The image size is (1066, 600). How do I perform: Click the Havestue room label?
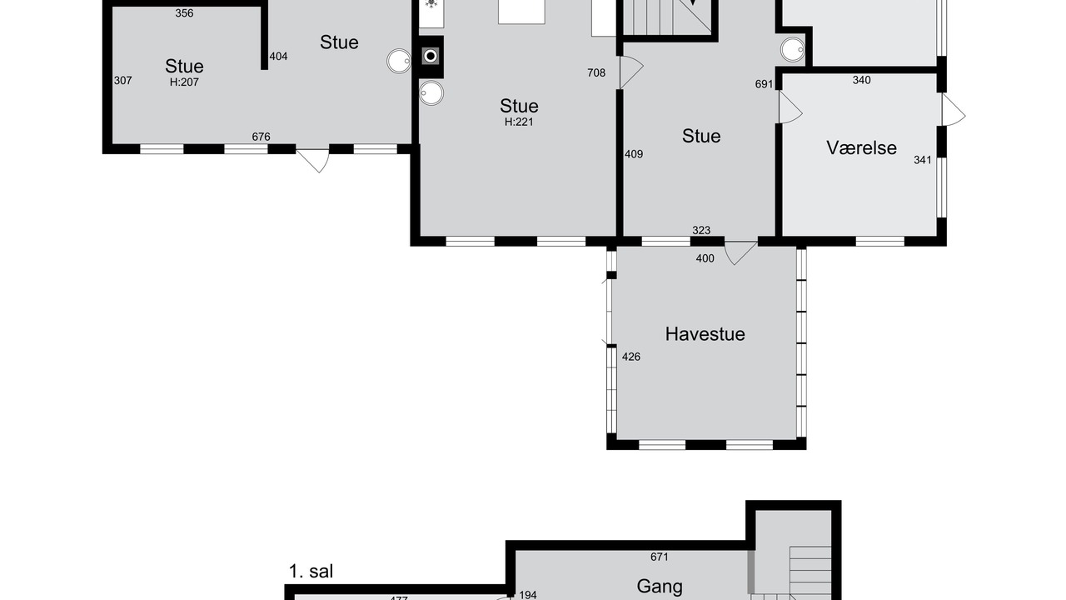tap(705, 334)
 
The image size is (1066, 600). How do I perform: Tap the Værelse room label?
tap(861, 148)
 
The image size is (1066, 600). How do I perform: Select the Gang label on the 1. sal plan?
tap(660, 586)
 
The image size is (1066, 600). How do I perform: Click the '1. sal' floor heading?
tap(311, 572)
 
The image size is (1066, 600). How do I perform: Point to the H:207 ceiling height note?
tap(184, 82)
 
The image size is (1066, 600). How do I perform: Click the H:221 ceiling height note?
tap(519, 122)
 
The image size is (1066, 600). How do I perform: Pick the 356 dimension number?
tap(184, 13)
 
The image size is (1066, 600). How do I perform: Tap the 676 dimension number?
tap(261, 137)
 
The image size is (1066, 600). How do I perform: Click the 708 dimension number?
tap(596, 72)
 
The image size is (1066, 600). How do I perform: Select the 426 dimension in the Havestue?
tap(631, 357)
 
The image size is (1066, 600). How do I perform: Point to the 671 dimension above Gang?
tap(660, 557)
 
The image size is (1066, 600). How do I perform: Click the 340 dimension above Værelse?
tap(861, 80)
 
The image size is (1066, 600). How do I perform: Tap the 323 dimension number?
tap(701, 231)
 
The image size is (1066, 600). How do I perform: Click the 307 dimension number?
tap(122, 81)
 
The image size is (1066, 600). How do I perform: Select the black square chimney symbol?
tap(431, 57)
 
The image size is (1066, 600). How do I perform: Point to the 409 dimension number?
tap(634, 154)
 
